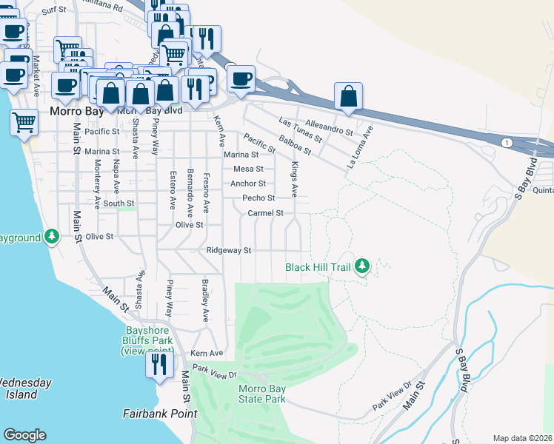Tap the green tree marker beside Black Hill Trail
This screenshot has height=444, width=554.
(x=362, y=265)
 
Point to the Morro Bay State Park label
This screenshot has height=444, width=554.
(x=261, y=394)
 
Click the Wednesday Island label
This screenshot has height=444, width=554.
(x=24, y=388)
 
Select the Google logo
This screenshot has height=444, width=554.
(x=24, y=435)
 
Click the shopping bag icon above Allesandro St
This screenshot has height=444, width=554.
(x=348, y=97)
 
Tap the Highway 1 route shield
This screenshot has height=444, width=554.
(x=505, y=141)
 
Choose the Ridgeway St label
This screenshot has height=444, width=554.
(x=230, y=251)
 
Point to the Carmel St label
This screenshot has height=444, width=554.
(x=266, y=213)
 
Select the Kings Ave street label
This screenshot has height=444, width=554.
(x=294, y=179)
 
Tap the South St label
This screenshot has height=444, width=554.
(x=119, y=203)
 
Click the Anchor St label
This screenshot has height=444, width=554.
(x=248, y=184)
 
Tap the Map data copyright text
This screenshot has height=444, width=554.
(x=523, y=438)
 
